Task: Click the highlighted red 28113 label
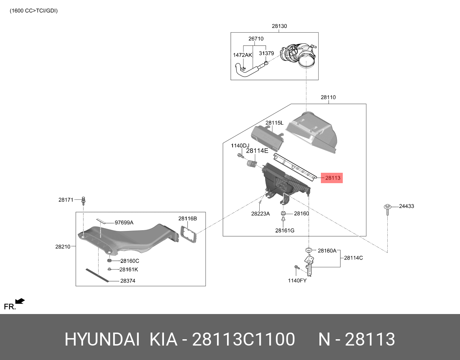[332, 178]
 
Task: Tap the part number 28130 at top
[279, 26]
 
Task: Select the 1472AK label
[242, 55]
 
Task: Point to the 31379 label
[266, 53]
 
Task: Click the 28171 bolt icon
[83, 201]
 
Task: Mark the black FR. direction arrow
[20, 301]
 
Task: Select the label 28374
[128, 281]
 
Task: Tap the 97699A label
[124, 223]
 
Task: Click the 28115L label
[274, 123]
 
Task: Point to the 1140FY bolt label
[297, 281]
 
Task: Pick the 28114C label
[354, 258]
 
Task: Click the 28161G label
[285, 231]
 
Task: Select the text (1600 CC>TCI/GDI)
[33, 11]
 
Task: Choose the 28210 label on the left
[63, 247]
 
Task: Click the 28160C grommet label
[129, 261]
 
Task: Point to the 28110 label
[328, 98]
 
